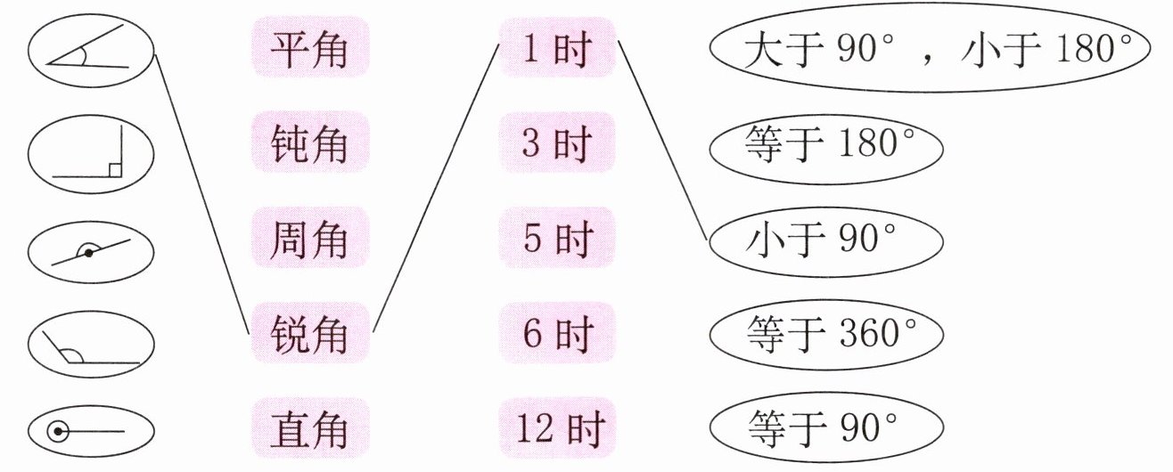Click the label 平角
tap(308, 50)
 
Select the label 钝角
tap(308, 145)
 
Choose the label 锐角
tap(308, 335)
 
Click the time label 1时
tap(556, 50)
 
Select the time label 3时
tap(556, 145)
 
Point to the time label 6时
tap(556, 335)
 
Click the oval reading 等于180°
tap(825, 145)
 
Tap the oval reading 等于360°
tap(825, 335)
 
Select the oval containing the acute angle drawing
tap(91, 51)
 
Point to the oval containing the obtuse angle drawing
tap(91, 348)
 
